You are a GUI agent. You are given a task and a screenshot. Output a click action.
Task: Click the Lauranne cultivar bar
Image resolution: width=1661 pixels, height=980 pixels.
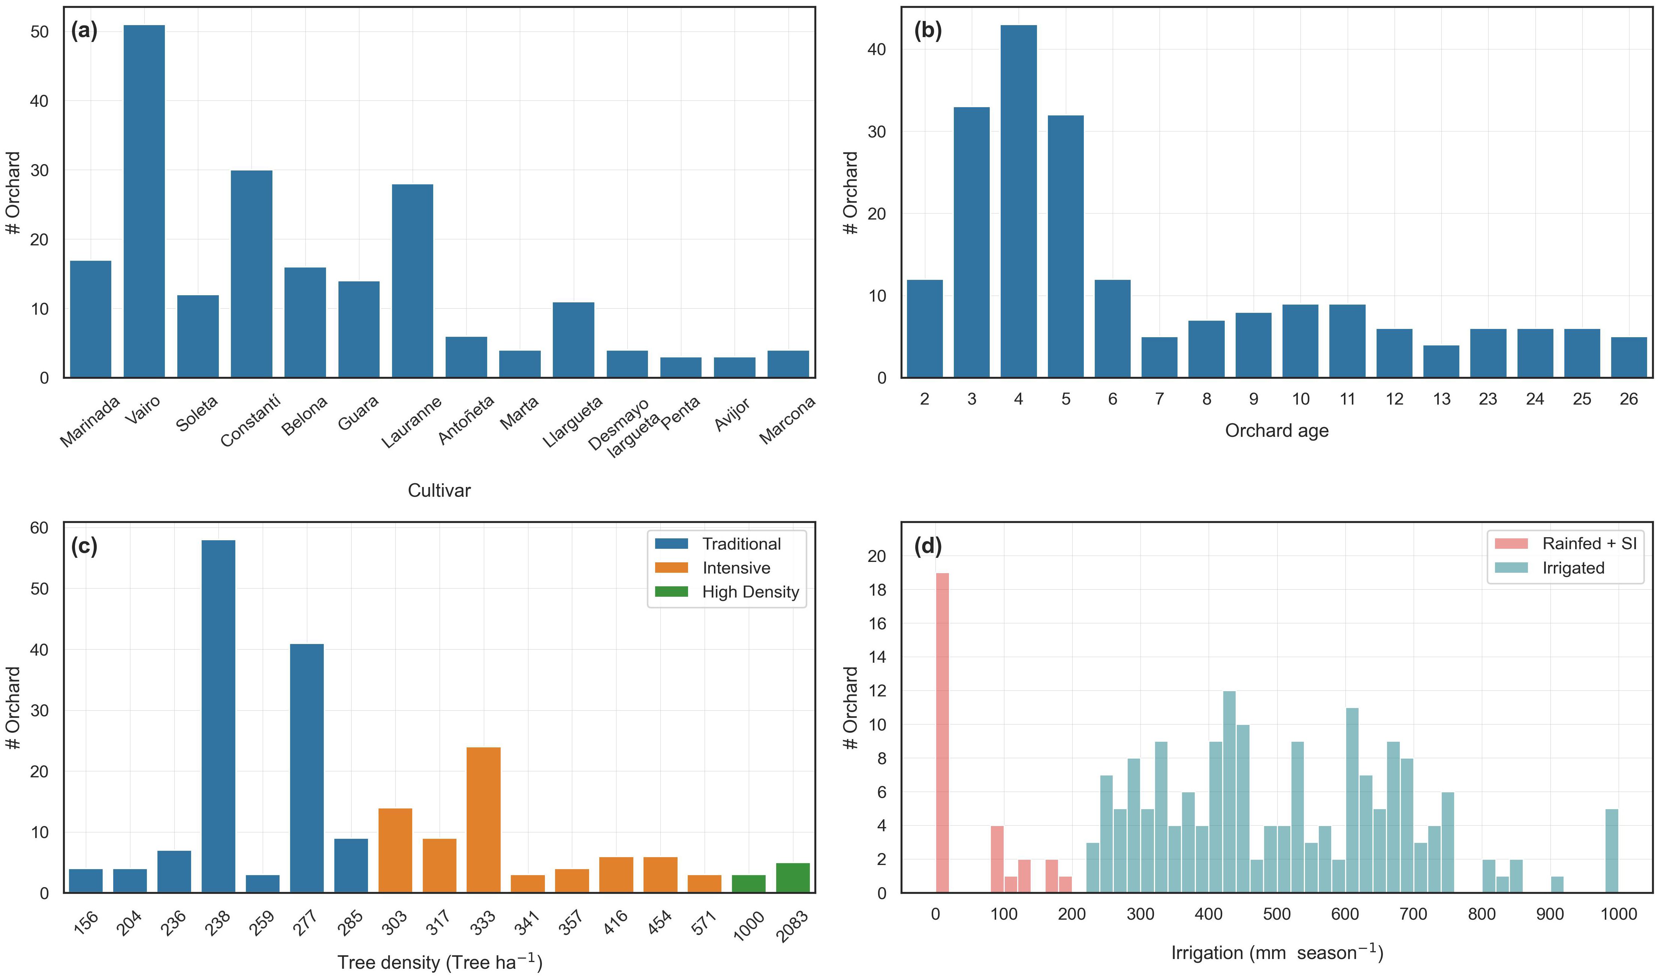tap(412, 281)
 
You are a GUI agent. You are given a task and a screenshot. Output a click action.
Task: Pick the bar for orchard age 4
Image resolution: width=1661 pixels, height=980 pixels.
tap(1018, 202)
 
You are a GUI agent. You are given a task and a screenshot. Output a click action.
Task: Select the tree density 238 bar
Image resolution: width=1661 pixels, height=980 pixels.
tap(218, 717)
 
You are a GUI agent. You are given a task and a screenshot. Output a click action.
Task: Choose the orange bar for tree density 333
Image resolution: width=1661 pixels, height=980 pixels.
tap(483, 820)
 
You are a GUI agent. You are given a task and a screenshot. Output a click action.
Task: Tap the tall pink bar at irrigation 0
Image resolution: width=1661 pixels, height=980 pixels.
tap(942, 733)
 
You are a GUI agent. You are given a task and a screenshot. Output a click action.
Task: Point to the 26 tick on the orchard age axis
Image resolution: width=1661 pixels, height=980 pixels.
tap(1629, 399)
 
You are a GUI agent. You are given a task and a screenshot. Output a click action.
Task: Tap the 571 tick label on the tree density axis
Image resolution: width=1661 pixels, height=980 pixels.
tap(704, 923)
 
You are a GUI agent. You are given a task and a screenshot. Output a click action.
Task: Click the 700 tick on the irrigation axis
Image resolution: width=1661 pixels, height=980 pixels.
tap(1413, 914)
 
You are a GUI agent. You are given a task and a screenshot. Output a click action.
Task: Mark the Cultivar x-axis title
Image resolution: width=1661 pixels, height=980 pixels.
tap(439, 491)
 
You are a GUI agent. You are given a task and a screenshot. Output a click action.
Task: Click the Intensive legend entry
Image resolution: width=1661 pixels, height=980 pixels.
tap(736, 568)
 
